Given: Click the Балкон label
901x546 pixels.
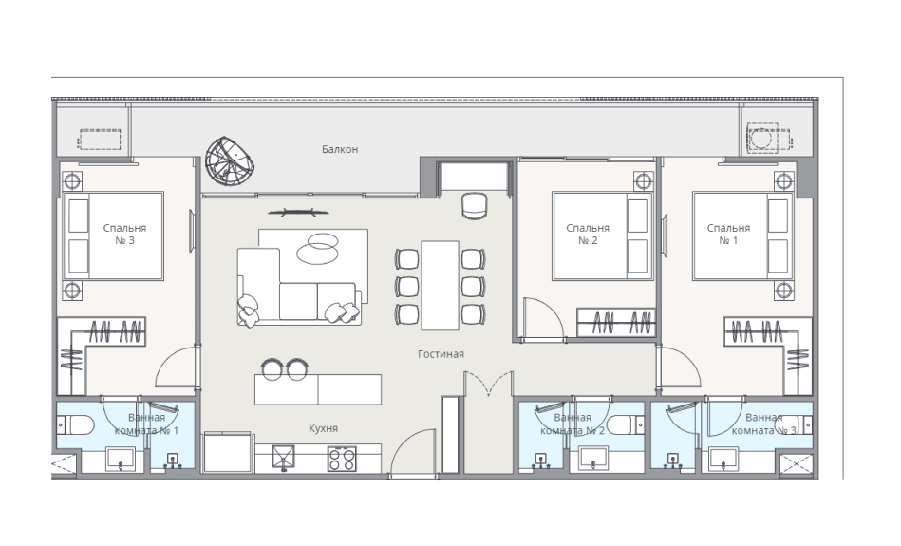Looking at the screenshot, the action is [340, 149].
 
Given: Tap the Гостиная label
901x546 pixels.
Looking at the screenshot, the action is [441, 354].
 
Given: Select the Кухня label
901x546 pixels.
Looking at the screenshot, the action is [323, 428].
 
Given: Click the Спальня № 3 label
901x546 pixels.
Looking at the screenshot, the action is [124, 234].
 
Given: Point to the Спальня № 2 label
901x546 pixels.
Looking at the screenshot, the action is [588, 234].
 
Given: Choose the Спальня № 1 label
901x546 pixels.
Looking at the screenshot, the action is [728, 234].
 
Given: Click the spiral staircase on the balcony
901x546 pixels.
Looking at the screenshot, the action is [230, 160].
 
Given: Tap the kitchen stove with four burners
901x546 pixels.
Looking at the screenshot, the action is [342, 459].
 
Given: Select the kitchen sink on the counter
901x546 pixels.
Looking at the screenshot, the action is [284, 458].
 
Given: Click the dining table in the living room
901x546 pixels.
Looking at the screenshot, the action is [441, 286].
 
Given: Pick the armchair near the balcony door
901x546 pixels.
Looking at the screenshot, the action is [475, 206].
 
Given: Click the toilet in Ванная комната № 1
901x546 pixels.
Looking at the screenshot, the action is [76, 425].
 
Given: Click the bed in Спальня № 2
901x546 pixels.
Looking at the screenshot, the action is [602, 236].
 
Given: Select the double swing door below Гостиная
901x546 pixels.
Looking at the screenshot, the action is [488, 384].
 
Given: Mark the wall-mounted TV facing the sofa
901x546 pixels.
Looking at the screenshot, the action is [299, 213].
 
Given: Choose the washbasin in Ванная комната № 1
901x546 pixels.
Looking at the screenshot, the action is [120, 459].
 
